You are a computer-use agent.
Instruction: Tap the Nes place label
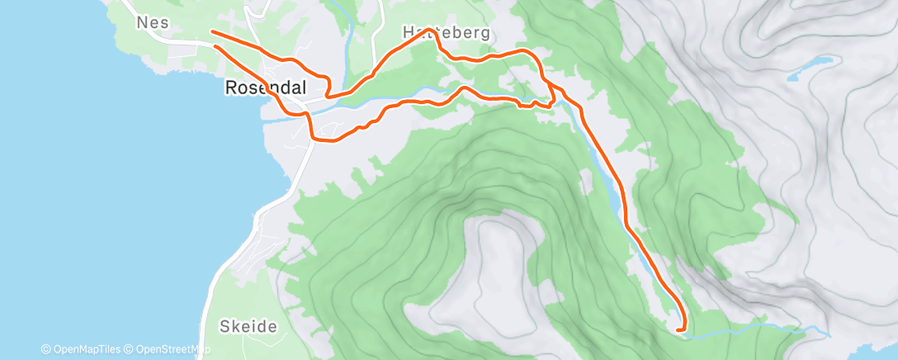pyautogui.click(x=152, y=24)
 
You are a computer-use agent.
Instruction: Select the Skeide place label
pyautogui.click(x=248, y=326)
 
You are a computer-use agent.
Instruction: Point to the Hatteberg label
pyautogui.click(x=446, y=33)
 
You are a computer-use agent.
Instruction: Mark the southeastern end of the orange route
pyautogui.click(x=678, y=329)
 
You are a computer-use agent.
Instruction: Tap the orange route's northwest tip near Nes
pyautogui.click(x=213, y=31)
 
